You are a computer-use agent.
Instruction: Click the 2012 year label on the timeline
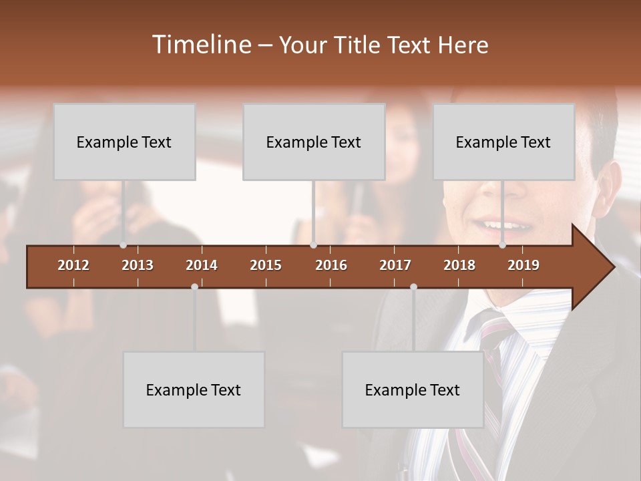(73, 265)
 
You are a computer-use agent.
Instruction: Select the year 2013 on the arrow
(138, 265)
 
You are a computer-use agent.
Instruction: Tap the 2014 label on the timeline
(202, 265)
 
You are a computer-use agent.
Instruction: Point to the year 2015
(266, 265)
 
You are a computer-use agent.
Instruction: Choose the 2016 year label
(331, 265)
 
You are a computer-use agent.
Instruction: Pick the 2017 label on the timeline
(395, 265)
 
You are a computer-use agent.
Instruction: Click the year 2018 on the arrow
(459, 265)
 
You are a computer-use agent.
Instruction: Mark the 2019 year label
(523, 265)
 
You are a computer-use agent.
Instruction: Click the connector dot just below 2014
(194, 287)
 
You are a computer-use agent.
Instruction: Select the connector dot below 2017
(413, 287)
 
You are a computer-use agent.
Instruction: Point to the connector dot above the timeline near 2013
(123, 245)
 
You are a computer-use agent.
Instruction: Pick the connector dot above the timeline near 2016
(313, 245)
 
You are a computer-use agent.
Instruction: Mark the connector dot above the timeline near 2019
(502, 245)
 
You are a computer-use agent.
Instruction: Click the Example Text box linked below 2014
(194, 389)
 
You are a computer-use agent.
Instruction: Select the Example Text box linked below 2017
(413, 389)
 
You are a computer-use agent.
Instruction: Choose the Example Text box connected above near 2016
(314, 142)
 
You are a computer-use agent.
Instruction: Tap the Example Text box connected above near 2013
(124, 142)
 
